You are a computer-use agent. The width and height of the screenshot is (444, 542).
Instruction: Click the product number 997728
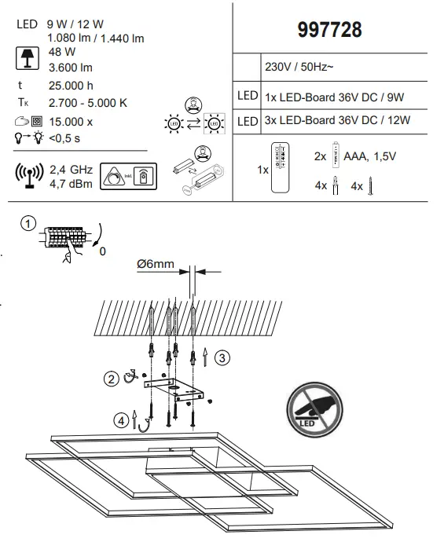[x=330, y=30]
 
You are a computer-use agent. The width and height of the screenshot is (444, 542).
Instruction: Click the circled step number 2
[x=112, y=378]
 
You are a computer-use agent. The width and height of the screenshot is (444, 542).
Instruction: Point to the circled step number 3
[x=222, y=358]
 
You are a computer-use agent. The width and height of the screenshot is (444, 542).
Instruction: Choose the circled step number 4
[x=122, y=421]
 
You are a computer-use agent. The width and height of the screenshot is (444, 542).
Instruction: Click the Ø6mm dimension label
[x=155, y=264]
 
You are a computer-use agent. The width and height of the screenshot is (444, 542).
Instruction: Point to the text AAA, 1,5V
[x=369, y=156]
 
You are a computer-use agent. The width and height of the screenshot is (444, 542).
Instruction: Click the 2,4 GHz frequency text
[x=71, y=169]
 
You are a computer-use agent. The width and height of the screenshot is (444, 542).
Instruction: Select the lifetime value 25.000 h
[x=71, y=86]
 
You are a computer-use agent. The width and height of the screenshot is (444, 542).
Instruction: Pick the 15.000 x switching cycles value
[x=71, y=122]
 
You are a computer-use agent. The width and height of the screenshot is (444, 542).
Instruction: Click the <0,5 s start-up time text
[x=64, y=138]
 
